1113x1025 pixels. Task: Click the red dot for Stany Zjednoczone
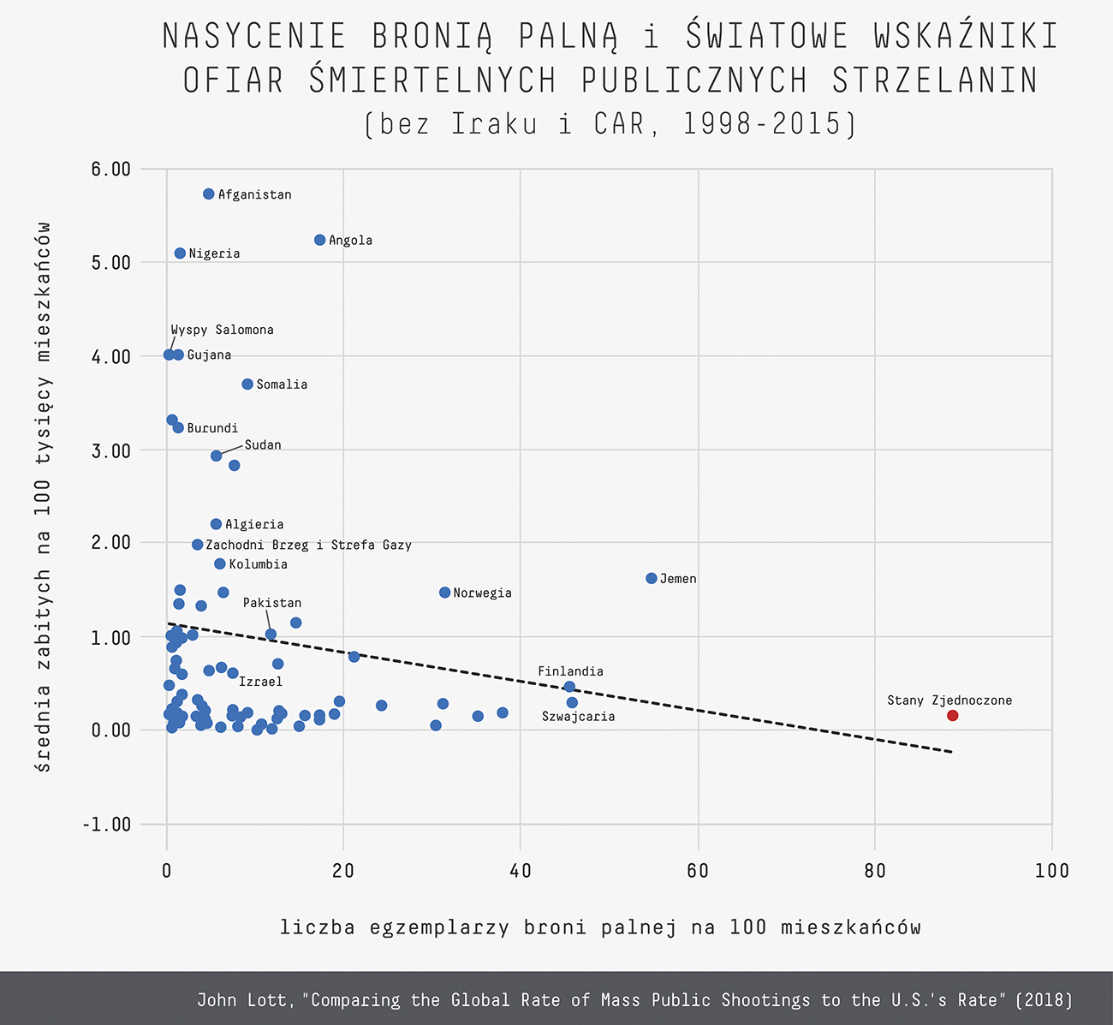click(952, 715)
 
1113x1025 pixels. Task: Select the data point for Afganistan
click(208, 194)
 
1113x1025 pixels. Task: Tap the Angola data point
click(319, 240)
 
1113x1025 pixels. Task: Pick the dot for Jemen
click(651, 578)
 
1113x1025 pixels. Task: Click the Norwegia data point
click(444, 593)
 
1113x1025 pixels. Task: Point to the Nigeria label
click(214, 253)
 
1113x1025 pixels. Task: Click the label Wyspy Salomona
click(222, 330)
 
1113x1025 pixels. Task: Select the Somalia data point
click(247, 384)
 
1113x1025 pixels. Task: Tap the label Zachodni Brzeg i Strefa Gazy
click(308, 545)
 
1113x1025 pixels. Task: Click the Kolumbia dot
click(219, 563)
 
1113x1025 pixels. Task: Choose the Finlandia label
click(570, 671)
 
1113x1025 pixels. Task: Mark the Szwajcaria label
click(578, 717)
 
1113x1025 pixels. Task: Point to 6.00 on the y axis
click(110, 169)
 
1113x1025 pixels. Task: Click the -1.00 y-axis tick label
click(107, 824)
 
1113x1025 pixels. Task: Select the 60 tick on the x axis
click(698, 871)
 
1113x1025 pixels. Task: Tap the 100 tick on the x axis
click(1051, 871)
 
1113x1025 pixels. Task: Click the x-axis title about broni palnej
click(599, 927)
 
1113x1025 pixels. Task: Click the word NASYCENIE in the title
click(254, 36)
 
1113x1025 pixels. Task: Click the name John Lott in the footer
click(246, 1000)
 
